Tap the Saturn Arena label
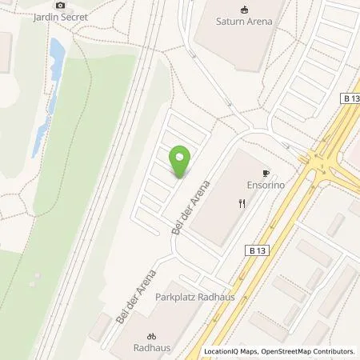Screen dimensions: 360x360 [x=244, y=22]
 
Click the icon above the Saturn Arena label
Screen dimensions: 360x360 [x=244, y=9]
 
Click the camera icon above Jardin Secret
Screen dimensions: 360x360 [x=59, y=5]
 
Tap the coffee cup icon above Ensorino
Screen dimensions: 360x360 [x=266, y=172]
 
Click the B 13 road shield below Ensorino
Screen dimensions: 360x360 [x=256, y=250]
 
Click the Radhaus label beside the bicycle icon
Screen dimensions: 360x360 [x=149, y=350]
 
